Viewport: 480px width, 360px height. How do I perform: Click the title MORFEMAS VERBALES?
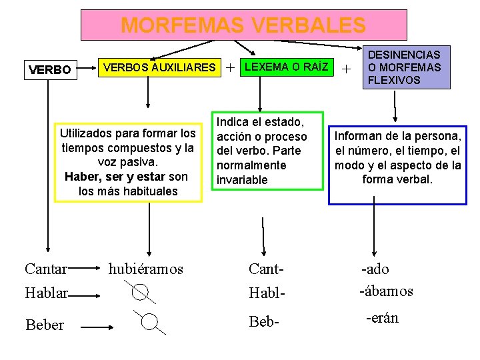click(x=243, y=25)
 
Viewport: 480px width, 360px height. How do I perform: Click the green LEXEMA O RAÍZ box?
click(x=286, y=67)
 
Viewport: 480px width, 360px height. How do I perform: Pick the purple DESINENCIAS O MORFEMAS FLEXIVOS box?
click(x=403, y=67)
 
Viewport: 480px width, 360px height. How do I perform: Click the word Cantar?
click(x=45, y=269)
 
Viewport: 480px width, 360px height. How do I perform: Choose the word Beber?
click(x=45, y=325)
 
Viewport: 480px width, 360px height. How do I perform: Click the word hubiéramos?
click(x=146, y=269)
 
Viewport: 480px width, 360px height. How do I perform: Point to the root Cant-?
click(x=267, y=269)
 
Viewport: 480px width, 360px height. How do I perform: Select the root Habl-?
click(x=267, y=292)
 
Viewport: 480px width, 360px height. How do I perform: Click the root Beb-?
click(x=264, y=323)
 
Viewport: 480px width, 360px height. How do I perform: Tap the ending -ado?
click(x=375, y=269)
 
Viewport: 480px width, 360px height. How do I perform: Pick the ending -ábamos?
click(x=386, y=291)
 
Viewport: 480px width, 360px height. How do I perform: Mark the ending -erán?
click(x=383, y=318)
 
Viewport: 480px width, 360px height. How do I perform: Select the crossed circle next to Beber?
click(x=150, y=323)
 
